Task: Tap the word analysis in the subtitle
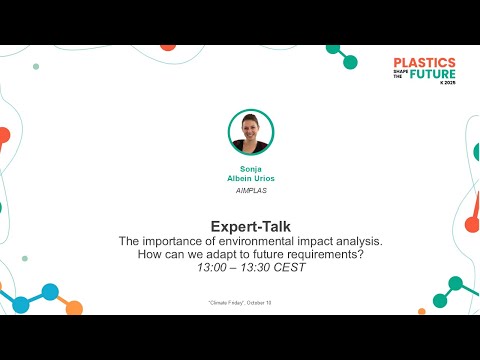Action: [346, 242]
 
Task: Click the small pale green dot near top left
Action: [37, 66]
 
